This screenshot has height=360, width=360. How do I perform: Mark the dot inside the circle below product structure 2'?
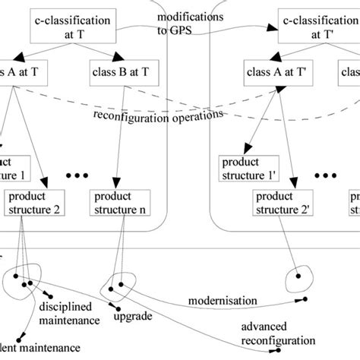point(298,275)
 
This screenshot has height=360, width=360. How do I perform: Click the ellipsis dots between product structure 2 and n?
point(77,175)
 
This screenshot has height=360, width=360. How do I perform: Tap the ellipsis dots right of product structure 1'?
point(327,175)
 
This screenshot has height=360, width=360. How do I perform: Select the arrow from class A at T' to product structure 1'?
point(258,118)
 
